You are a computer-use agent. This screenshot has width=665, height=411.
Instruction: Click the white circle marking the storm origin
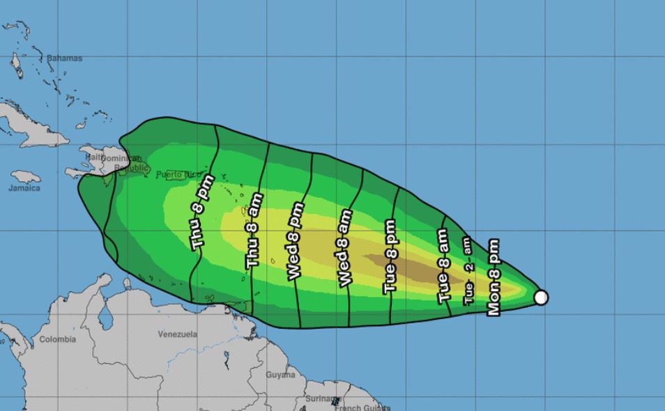(x=541, y=297)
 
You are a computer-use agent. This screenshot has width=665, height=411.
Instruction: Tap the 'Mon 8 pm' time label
(x=494, y=277)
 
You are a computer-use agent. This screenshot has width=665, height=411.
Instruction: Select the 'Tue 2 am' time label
(x=468, y=270)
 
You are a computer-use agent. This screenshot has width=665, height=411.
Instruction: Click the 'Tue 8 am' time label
(x=443, y=265)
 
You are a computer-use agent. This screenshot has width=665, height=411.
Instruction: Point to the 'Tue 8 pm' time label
(x=390, y=256)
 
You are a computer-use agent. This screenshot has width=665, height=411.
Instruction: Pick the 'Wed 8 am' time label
(x=344, y=247)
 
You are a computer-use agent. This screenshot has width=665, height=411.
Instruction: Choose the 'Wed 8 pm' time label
(x=296, y=241)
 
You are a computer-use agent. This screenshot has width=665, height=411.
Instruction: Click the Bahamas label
(x=64, y=59)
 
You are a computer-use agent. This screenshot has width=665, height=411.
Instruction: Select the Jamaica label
(x=24, y=188)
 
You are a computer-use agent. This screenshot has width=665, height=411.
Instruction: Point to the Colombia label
(x=57, y=339)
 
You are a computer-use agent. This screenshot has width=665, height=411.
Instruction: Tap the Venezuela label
(x=178, y=334)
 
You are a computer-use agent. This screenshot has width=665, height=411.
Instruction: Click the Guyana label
(x=280, y=375)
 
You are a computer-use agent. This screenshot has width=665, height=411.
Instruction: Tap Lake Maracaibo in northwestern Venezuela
(x=105, y=318)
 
